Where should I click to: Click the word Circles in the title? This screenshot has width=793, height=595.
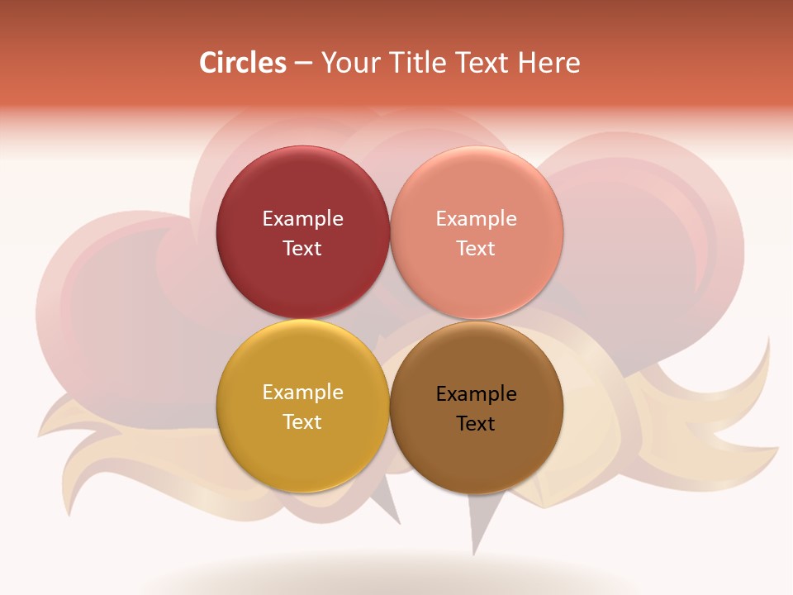242,63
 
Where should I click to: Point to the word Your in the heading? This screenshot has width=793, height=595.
350,63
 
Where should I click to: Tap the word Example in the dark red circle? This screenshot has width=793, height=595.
302,219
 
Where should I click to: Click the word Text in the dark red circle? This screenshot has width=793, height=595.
302,248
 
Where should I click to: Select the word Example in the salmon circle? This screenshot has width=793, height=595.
477,219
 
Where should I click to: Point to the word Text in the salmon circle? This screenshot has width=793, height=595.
477,248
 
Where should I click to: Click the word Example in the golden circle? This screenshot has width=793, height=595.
302,393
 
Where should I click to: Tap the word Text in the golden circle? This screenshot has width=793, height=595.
302,421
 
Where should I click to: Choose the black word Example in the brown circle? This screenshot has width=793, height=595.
477,394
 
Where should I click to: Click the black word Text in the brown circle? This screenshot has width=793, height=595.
477,423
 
